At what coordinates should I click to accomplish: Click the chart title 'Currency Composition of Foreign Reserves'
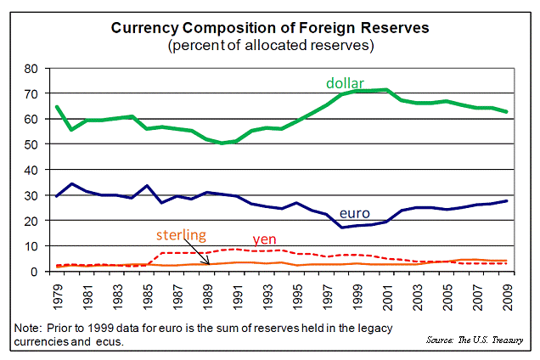pyautogui.click(x=271, y=28)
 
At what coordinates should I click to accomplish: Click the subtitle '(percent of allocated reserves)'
pyautogui.click(x=271, y=44)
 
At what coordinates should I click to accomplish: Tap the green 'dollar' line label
pyautogui.click(x=345, y=82)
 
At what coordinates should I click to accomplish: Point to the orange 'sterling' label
pyautogui.click(x=179, y=234)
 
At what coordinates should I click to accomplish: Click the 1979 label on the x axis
pyautogui.click(x=58, y=293)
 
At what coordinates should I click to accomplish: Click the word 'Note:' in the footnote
pyautogui.click(x=29, y=328)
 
